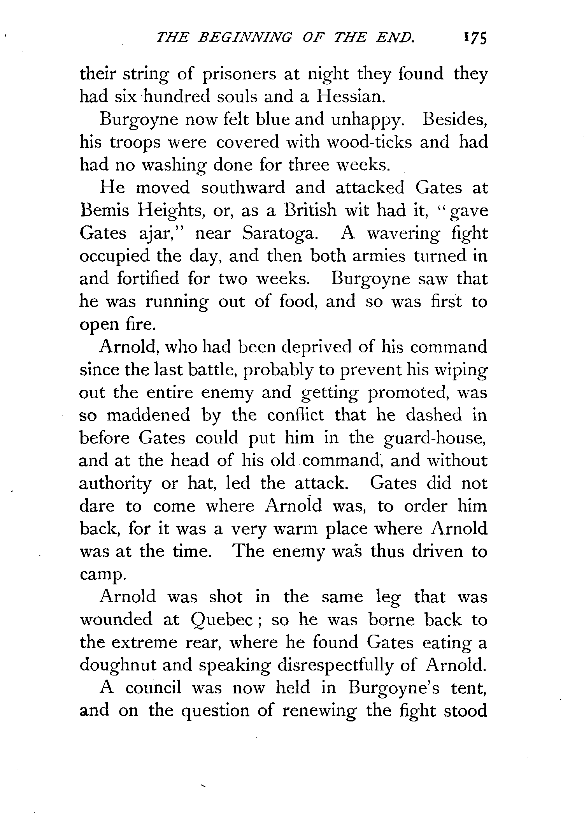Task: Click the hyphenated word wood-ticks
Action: coord(369,142)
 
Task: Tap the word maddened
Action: coord(148,415)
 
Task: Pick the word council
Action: coord(153,688)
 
